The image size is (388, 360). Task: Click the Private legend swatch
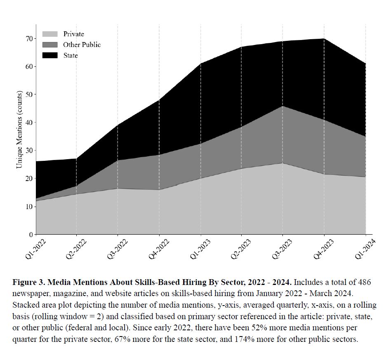click(x=50, y=34)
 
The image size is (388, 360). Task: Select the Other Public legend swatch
click(x=50, y=45)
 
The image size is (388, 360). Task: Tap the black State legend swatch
click(x=50, y=55)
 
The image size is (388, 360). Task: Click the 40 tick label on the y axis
click(x=29, y=122)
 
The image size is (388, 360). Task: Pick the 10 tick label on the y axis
click(x=29, y=207)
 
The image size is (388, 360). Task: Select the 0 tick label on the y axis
click(x=31, y=235)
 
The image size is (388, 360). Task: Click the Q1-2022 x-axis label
click(x=36, y=249)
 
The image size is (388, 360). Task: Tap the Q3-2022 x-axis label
click(x=118, y=249)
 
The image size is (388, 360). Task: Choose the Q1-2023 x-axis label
click(x=201, y=249)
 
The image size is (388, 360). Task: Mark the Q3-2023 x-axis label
click(x=283, y=249)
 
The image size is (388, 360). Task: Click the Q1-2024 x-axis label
click(x=366, y=249)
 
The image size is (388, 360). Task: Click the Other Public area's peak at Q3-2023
click(x=283, y=107)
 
